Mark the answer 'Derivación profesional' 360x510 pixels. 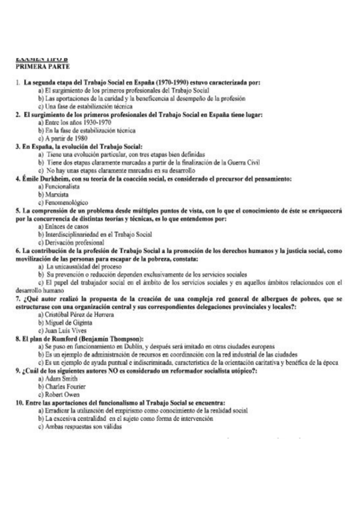tap(73, 242)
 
